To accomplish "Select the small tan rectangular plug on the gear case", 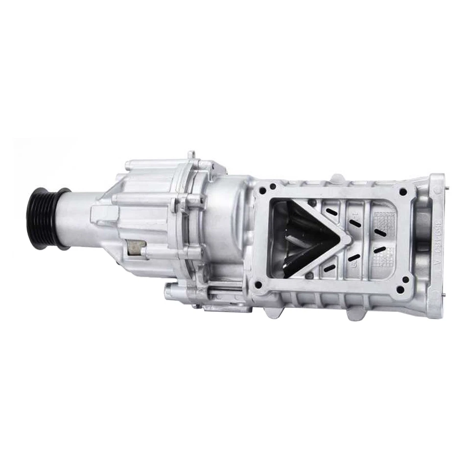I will click(x=136, y=247).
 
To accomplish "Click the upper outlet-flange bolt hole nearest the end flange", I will click(x=402, y=192).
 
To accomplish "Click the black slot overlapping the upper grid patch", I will click(x=380, y=232).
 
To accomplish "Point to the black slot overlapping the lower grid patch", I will click(x=379, y=250).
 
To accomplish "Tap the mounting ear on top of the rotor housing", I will click(x=338, y=177).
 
